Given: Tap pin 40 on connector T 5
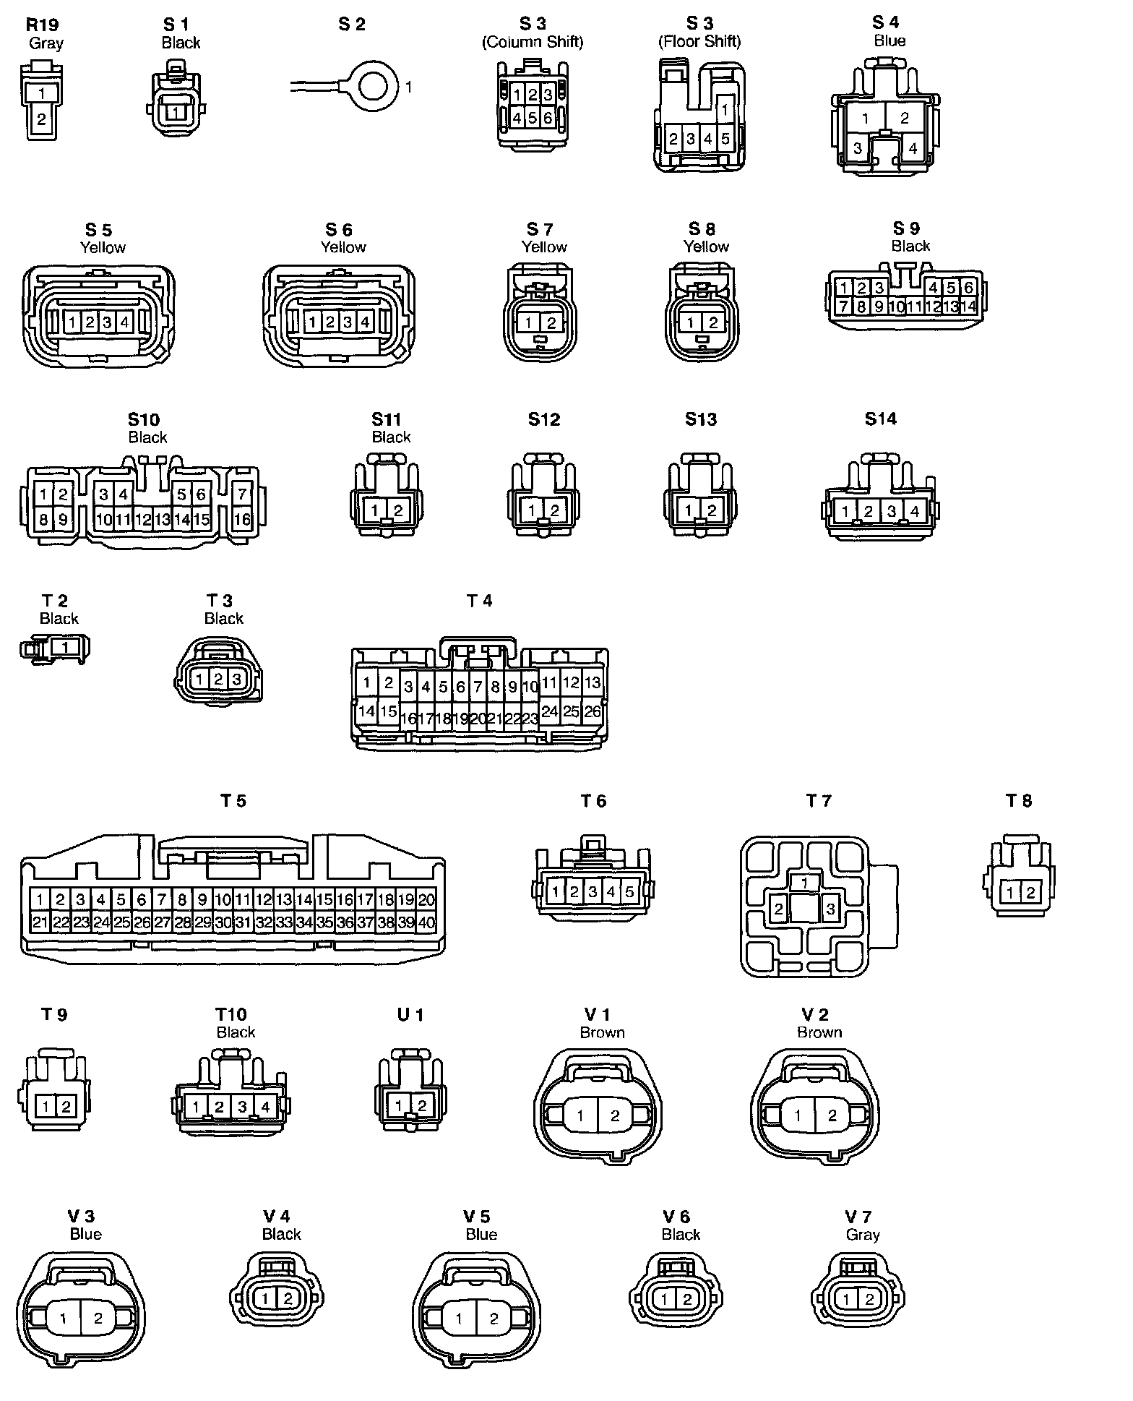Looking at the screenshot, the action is tap(426, 922).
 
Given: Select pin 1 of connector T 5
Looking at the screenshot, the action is tap(40, 900).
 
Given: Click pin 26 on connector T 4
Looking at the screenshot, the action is tap(593, 711).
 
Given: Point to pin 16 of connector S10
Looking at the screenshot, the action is tap(242, 519).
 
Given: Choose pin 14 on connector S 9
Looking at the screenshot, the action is tap(968, 306).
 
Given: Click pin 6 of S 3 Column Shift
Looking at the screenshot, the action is tap(548, 118).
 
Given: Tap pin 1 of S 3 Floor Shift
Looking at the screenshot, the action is tap(725, 110).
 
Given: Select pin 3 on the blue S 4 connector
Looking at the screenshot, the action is tap(858, 149).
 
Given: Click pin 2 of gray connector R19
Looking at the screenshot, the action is tap(41, 120).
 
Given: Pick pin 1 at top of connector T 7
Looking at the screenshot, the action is tap(804, 883).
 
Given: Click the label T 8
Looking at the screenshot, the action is tap(1019, 800).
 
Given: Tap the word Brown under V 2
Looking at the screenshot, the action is tap(819, 1032).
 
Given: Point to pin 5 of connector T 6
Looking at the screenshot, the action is tap(629, 892).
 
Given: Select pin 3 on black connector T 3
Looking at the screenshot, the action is tap(236, 680).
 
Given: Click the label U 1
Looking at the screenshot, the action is tap(410, 1014).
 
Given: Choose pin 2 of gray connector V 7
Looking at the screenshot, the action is tap(869, 1300).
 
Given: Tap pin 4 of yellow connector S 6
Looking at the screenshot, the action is tap(365, 322).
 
